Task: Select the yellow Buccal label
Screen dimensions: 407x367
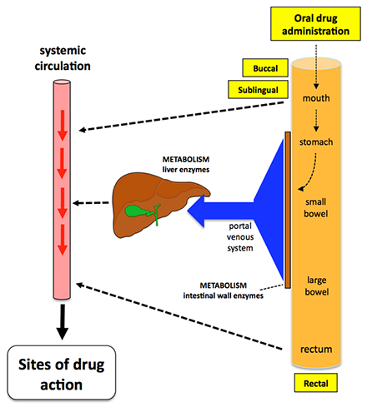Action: pos(260,67)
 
